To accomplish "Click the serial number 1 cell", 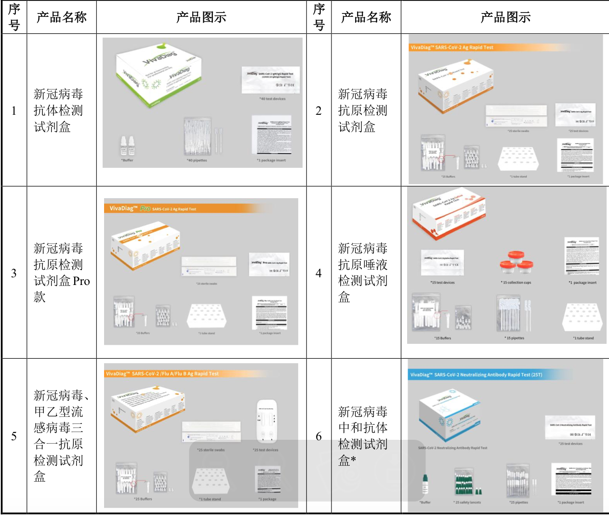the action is click(x=14, y=110).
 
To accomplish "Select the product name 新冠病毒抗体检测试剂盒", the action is click(x=58, y=110).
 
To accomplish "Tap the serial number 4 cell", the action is click(x=318, y=273).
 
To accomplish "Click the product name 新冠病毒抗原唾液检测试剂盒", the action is click(x=362, y=272).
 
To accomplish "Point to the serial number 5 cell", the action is click(x=14, y=436).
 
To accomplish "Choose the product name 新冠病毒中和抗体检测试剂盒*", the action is click(x=362, y=436).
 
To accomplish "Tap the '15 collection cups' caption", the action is click(x=516, y=283).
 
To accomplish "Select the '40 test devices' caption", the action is click(x=272, y=99).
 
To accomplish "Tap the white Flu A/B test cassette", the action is click(x=266, y=420).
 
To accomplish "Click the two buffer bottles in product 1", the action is click(x=127, y=146).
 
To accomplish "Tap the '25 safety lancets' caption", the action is click(x=467, y=502).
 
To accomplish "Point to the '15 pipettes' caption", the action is click(x=515, y=338).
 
